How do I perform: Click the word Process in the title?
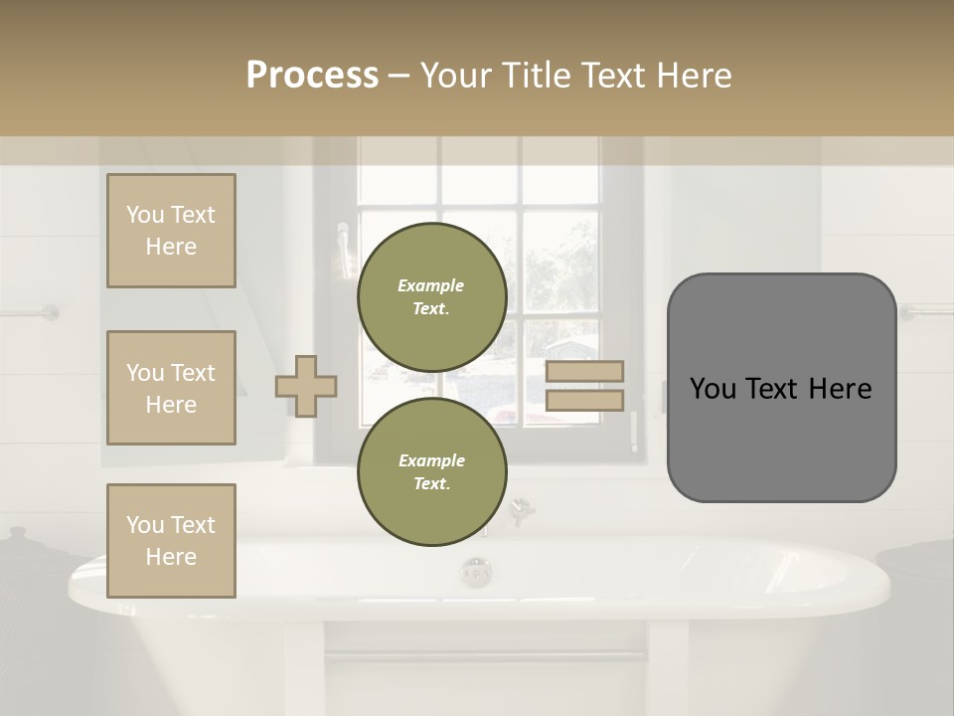(312, 75)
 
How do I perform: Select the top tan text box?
(171, 231)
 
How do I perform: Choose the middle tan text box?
(171, 388)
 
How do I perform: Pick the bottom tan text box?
(171, 540)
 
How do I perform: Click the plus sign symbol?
(306, 386)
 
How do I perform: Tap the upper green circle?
(431, 297)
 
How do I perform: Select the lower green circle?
(431, 472)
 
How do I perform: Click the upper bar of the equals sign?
(584, 372)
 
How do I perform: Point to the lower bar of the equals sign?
(584, 400)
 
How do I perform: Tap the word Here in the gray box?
(840, 389)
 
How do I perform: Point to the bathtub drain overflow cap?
(476, 572)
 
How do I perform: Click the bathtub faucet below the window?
(517, 510)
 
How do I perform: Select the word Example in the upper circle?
(431, 285)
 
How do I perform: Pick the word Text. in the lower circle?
(431, 484)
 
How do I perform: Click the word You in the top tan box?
(145, 215)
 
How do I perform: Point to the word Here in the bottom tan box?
(171, 557)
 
